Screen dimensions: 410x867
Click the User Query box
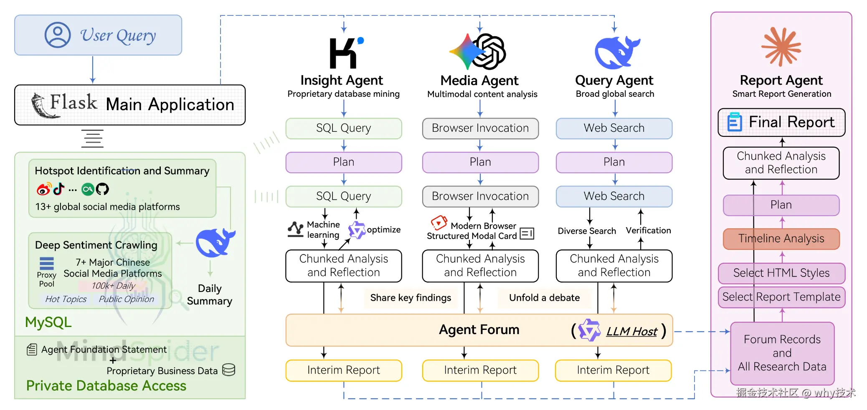tap(98, 35)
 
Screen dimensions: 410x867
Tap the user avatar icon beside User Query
tap(58, 35)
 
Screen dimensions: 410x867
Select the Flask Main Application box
tap(130, 105)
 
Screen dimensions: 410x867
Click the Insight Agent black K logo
tap(343, 53)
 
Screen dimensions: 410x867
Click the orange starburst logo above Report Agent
tap(781, 47)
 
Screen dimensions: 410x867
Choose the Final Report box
tap(781, 122)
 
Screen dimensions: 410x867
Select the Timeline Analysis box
tap(781, 239)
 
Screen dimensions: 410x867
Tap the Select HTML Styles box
tap(781, 273)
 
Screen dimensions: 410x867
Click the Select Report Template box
tap(781, 297)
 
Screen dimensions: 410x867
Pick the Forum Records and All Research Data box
tap(782, 353)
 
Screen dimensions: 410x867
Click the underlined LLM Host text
tap(631, 332)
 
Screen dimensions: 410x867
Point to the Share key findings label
tap(411, 298)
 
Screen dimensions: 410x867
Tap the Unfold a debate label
tap(544, 298)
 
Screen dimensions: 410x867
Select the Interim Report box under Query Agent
tap(613, 370)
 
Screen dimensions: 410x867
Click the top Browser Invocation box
tap(480, 128)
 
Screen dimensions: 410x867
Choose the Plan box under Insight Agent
tap(344, 162)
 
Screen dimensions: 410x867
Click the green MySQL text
tap(48, 322)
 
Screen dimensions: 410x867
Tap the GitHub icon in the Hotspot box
tap(102, 189)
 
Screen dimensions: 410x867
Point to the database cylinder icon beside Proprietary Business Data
tap(228, 370)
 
